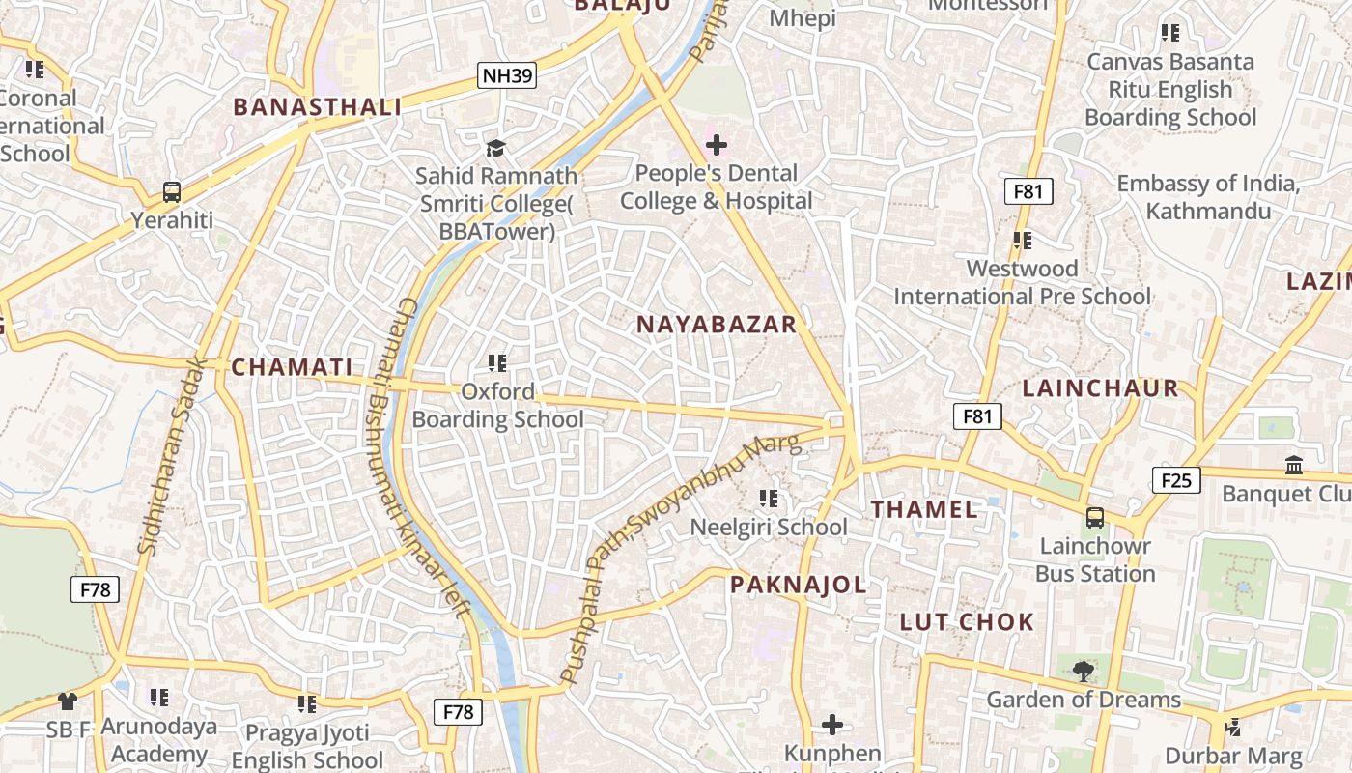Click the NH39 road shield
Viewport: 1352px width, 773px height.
[507, 75]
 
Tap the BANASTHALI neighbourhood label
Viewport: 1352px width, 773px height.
[318, 107]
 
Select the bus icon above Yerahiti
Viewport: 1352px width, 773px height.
[171, 191]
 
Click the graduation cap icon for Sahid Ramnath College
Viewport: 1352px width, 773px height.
[495, 148]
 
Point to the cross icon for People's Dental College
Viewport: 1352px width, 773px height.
[716, 145]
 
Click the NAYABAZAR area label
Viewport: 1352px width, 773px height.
[717, 325]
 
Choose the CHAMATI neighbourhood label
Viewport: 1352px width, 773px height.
[292, 367]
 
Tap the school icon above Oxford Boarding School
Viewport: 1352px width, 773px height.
[497, 363]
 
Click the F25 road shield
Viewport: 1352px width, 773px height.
[1175, 479]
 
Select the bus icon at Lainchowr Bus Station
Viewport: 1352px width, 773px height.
[1094, 517]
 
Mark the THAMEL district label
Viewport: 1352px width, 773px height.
[924, 509]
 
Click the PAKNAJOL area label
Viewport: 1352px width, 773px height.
[798, 585]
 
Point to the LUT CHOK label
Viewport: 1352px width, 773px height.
[967, 621]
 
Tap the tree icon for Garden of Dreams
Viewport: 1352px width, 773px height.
[1084, 670]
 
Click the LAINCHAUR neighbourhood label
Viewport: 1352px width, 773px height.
[1100, 388]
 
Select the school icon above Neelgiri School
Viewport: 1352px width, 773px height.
[769, 499]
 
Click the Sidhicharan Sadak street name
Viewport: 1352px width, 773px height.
[173, 456]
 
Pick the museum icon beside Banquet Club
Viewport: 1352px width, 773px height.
[1294, 466]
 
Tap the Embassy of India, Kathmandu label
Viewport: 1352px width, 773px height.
[1207, 197]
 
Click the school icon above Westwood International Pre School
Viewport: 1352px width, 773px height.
[1023, 240]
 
